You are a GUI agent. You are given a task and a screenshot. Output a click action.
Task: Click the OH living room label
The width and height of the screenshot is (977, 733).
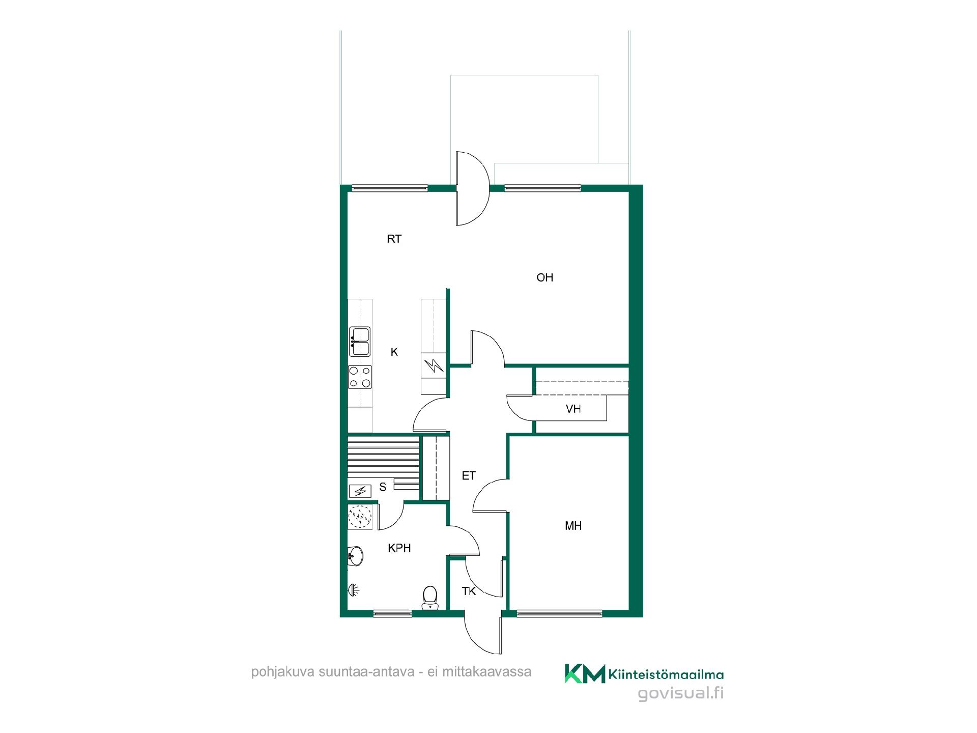click(544, 277)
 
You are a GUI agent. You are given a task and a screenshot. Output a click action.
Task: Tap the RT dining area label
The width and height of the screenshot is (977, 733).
click(394, 239)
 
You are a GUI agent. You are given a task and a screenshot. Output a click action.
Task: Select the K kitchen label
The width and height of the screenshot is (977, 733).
click(394, 352)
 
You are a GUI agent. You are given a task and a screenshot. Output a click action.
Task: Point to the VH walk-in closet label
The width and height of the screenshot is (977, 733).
click(573, 409)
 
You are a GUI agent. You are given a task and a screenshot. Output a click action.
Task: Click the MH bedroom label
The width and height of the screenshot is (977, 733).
click(573, 526)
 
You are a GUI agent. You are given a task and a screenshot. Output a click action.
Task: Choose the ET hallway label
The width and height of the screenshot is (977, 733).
click(468, 475)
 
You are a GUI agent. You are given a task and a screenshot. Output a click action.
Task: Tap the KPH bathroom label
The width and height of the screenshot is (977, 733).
click(399, 548)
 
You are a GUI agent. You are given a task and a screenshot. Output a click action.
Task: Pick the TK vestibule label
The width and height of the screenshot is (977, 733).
click(468, 591)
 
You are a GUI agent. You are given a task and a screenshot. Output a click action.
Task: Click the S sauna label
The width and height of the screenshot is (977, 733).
click(383, 487)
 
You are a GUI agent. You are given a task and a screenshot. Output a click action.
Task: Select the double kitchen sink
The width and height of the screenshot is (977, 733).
click(360, 342)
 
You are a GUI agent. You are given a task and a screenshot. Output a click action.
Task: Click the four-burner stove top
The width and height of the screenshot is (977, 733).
click(360, 377)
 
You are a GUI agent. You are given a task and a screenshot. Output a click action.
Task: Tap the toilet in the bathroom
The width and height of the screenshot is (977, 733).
click(430, 597)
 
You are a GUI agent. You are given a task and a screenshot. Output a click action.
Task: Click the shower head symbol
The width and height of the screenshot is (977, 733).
click(354, 590)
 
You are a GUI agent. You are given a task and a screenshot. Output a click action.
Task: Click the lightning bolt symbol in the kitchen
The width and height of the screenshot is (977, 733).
click(434, 365)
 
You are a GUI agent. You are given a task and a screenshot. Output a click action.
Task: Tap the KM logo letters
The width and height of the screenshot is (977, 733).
click(585, 673)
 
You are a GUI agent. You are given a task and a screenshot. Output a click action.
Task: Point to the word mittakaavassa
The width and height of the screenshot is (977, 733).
click(486, 672)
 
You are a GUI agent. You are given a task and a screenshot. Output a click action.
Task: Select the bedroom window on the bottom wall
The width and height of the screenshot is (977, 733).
click(559, 613)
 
